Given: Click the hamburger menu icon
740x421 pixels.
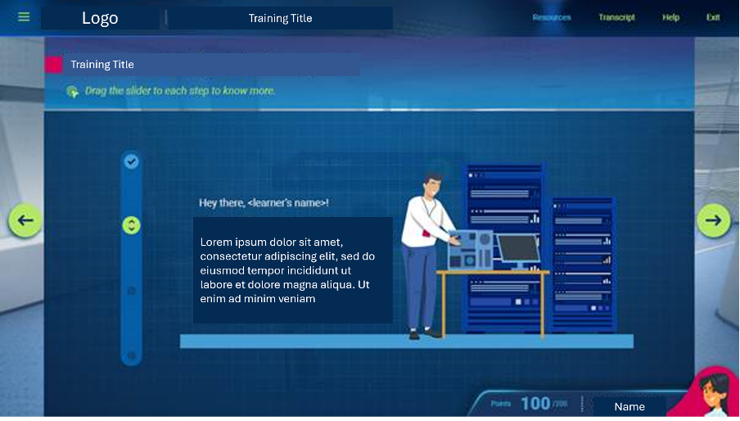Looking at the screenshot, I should [x=24, y=16].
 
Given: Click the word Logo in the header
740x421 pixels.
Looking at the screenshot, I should [x=100, y=18].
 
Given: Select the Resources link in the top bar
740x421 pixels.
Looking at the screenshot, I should [x=552, y=17].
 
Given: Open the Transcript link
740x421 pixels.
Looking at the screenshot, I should [x=616, y=17].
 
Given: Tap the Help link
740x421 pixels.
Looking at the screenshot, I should [x=670, y=17].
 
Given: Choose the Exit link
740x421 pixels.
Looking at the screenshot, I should [x=713, y=17].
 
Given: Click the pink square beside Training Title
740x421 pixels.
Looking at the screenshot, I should [x=54, y=65].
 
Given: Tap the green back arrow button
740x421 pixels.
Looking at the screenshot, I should [x=25, y=220].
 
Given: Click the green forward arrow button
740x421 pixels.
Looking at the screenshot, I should [x=713, y=220].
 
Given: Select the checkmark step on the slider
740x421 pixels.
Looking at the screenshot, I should [x=131, y=161].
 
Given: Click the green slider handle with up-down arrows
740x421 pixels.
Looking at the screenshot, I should [x=131, y=225].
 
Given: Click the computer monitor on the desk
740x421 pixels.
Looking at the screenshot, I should [x=518, y=249].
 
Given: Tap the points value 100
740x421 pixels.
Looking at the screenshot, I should [x=535, y=403].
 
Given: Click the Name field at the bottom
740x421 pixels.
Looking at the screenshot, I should [x=629, y=406].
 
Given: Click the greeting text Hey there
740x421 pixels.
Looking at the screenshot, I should [x=264, y=202].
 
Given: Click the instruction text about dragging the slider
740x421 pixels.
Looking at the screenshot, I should [x=180, y=91].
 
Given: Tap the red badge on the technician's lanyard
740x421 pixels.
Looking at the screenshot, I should [x=425, y=233].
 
